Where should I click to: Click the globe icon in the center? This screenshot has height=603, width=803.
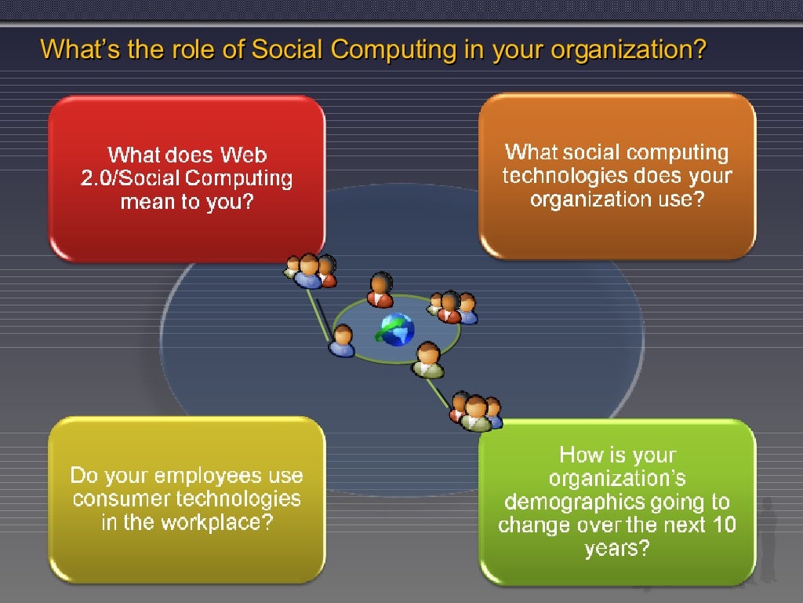(x=396, y=330)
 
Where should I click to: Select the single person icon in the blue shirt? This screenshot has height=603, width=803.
(x=342, y=342)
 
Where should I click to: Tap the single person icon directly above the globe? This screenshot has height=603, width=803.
(x=380, y=290)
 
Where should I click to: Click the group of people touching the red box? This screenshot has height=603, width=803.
(x=310, y=270)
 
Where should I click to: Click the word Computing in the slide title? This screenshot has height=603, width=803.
(x=392, y=49)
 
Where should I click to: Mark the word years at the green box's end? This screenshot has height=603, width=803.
(x=617, y=548)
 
